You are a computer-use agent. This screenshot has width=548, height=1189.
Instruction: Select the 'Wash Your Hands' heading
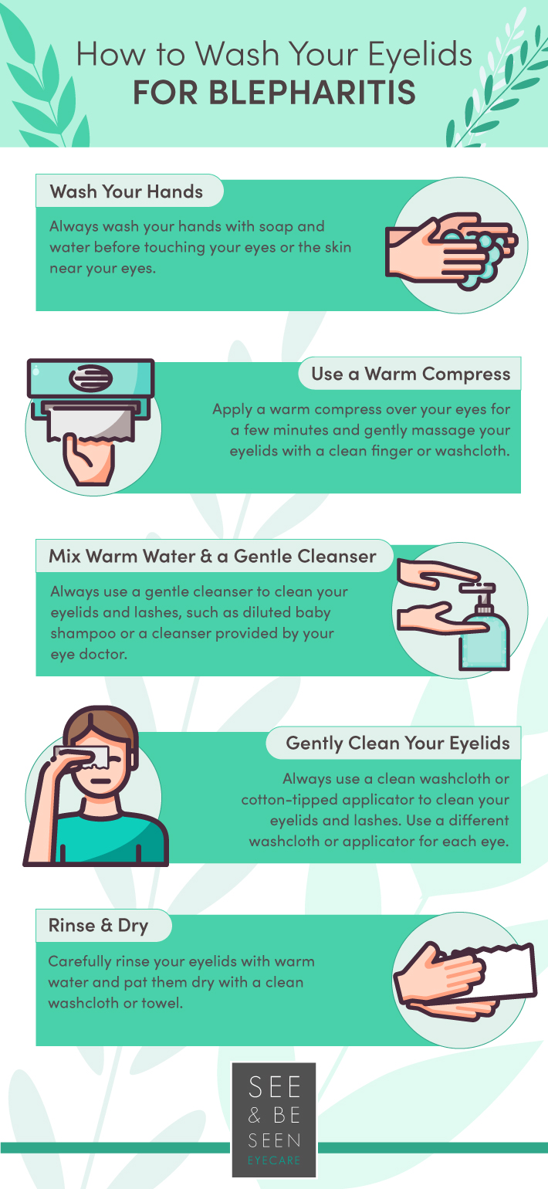pyautogui.click(x=127, y=191)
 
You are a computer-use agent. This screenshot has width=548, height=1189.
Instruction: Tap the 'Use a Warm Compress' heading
pyautogui.click(x=411, y=374)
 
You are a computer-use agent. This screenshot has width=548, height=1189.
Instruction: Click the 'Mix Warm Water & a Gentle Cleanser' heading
pyautogui.click(x=212, y=556)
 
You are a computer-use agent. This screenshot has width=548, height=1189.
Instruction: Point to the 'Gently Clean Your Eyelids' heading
pyautogui.click(x=397, y=744)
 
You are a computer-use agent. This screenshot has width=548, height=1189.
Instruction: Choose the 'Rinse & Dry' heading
pyautogui.click(x=98, y=925)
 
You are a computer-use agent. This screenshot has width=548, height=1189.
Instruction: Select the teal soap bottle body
pyautogui.click(x=483, y=645)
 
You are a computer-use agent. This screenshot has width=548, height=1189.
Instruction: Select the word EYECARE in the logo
pyautogui.click(x=274, y=1160)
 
